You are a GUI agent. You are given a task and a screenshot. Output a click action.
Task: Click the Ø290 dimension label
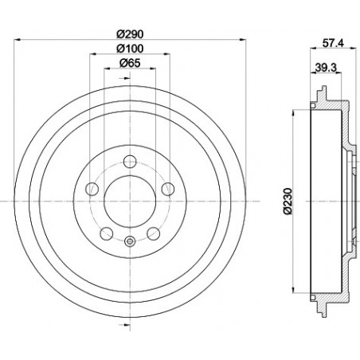129,33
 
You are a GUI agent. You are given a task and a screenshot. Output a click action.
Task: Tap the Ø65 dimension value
129,64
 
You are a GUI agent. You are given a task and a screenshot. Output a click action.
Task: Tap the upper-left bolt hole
93,188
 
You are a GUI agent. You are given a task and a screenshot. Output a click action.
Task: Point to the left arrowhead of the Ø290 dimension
18,41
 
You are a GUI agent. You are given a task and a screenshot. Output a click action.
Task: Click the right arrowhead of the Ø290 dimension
240,41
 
